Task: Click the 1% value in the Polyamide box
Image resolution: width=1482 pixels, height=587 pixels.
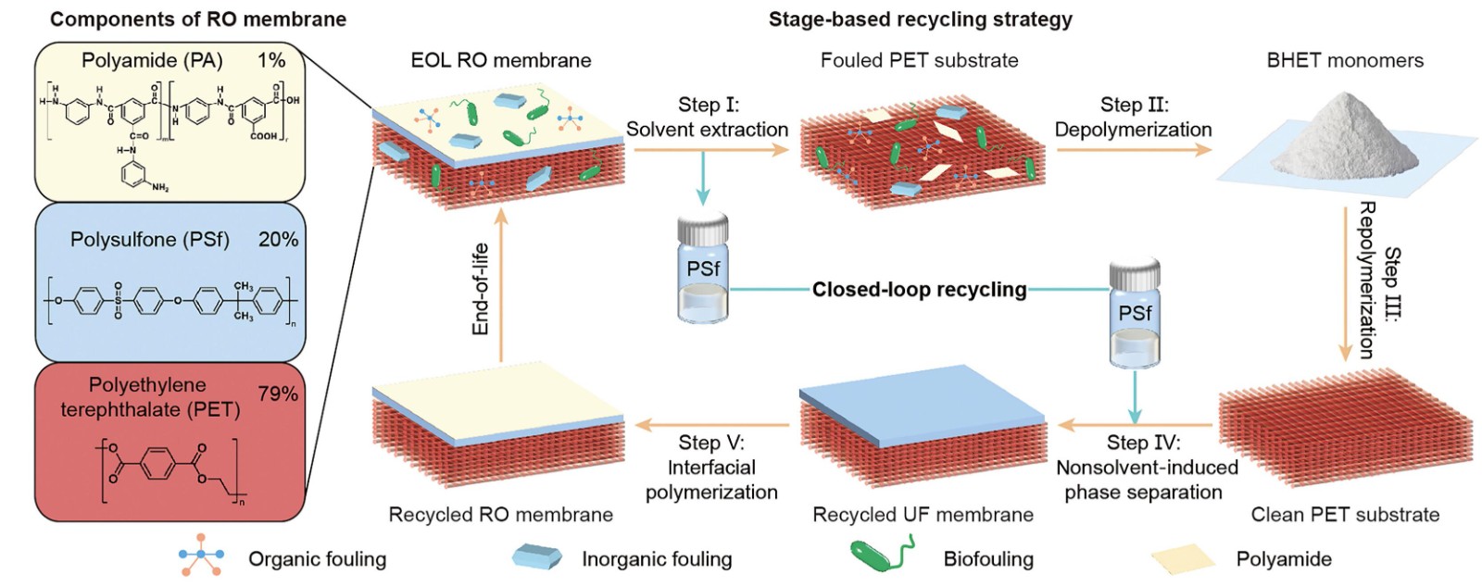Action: tap(271, 60)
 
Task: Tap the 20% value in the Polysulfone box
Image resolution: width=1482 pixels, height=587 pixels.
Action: tap(279, 239)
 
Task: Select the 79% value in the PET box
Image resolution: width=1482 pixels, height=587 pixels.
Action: tap(279, 394)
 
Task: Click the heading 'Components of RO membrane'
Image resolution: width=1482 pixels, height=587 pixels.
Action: tap(198, 19)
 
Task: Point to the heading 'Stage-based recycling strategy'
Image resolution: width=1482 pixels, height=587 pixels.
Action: tap(921, 19)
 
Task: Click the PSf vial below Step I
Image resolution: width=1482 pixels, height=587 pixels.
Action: tap(703, 267)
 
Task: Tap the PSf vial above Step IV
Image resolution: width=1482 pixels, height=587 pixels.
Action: tap(1135, 312)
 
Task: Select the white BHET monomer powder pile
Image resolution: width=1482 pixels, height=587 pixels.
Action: tap(1347, 137)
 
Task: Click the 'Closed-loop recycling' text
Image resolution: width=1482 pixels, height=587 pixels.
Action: tap(920, 290)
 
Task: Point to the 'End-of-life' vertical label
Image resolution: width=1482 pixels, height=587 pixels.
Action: tap(481, 289)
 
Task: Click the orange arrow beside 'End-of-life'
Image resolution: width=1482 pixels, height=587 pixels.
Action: tap(501, 285)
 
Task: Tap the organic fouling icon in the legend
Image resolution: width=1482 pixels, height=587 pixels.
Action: tap(201, 556)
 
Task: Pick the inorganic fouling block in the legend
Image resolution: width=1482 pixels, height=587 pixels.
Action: tap(536, 556)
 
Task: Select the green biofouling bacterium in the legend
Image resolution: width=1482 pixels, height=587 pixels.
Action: tap(882, 554)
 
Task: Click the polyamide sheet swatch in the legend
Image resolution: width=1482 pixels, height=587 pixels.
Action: tap(1183, 556)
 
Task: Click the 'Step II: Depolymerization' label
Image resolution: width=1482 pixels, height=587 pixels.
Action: tap(1134, 117)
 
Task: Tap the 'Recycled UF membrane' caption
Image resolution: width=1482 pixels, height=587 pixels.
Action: tap(923, 514)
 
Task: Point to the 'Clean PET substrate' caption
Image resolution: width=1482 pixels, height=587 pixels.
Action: tap(1345, 514)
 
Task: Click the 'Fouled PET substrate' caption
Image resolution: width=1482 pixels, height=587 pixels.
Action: tap(920, 60)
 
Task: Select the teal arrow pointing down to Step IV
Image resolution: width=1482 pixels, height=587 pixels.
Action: tap(1135, 396)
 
